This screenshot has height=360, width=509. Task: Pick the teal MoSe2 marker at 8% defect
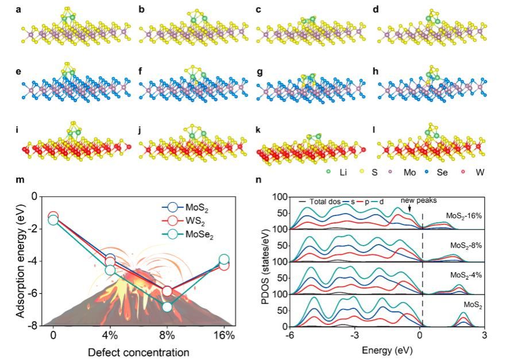[x=167, y=307]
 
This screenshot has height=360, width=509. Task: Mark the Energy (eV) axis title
[x=387, y=349]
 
